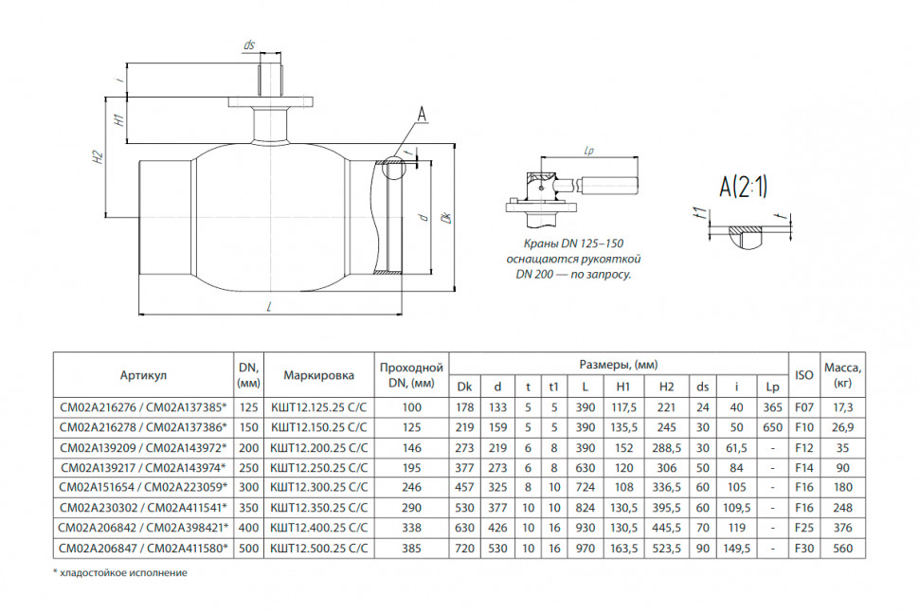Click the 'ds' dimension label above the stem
(249, 45)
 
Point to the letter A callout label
(422, 115)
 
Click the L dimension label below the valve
(269, 307)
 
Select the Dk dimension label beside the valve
(446, 217)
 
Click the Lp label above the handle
(589, 151)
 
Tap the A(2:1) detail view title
(743, 187)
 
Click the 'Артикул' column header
(143, 375)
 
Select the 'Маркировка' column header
(319, 375)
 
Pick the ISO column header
(803, 375)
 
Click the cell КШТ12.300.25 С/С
(319, 487)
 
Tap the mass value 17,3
(842, 407)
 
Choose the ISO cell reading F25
(803, 528)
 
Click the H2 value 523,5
(666, 548)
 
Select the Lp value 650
(772, 427)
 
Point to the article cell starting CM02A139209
(143, 448)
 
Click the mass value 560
(842, 548)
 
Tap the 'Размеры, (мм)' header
(619, 365)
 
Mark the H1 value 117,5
(623, 407)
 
